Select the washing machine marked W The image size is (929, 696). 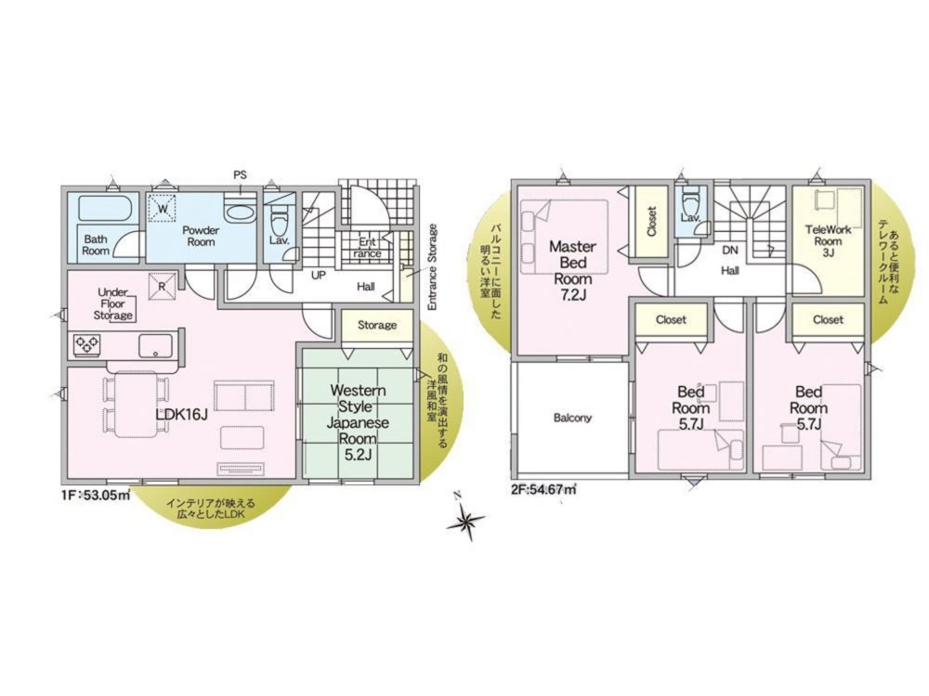pyautogui.click(x=163, y=207)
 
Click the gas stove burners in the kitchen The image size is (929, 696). pyautogui.click(x=86, y=345)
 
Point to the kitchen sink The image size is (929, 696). pyautogui.click(x=155, y=345)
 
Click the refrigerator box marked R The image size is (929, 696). pyautogui.click(x=161, y=286)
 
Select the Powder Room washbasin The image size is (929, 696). pyautogui.click(x=240, y=212)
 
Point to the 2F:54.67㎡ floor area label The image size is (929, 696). pyautogui.click(x=543, y=489)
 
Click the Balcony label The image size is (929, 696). pyautogui.click(x=572, y=418)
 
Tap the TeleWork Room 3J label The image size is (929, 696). pyautogui.click(x=828, y=241)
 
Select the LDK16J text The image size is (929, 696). pyautogui.click(x=181, y=414)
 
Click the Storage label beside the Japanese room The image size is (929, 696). pyautogui.click(x=377, y=325)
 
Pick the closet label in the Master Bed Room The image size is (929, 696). pyautogui.click(x=652, y=222)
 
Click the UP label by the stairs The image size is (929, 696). pyautogui.click(x=319, y=276)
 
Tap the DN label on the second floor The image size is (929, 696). pyautogui.click(x=730, y=251)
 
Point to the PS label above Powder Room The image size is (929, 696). pyautogui.click(x=240, y=175)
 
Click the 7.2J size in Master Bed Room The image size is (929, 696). pyautogui.click(x=572, y=295)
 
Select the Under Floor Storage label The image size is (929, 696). pyautogui.click(x=113, y=303)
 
